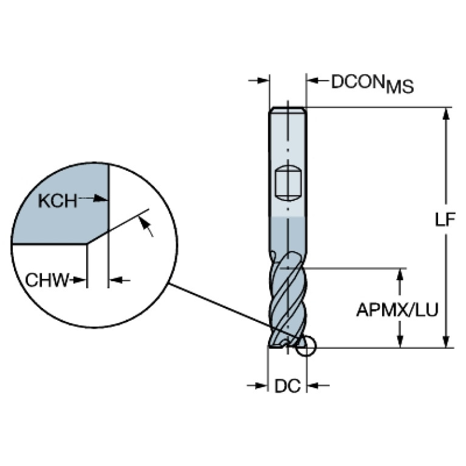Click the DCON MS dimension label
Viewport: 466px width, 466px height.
tap(372, 83)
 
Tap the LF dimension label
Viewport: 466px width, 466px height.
tap(445, 219)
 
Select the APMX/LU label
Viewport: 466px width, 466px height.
tap(397, 310)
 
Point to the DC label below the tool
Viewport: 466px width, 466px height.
tap(287, 386)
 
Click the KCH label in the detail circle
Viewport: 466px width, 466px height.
tap(58, 201)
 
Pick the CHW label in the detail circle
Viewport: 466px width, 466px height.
tap(47, 280)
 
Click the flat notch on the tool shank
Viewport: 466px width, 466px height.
tap(288, 183)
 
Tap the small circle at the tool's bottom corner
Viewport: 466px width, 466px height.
tap(306, 346)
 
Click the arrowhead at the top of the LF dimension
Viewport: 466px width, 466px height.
tap(445, 114)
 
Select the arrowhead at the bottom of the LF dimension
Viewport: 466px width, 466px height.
tap(445, 341)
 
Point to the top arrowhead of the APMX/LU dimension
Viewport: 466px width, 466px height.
tap(400, 275)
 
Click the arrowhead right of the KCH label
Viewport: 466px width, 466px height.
tap(100, 199)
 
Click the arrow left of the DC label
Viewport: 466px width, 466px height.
tap(258, 386)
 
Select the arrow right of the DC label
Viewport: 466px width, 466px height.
tap(318, 386)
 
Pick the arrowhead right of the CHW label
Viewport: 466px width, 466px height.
tap(79, 280)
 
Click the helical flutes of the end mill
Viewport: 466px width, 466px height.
tap(287, 300)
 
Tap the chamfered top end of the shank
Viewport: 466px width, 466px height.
tap(288, 109)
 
